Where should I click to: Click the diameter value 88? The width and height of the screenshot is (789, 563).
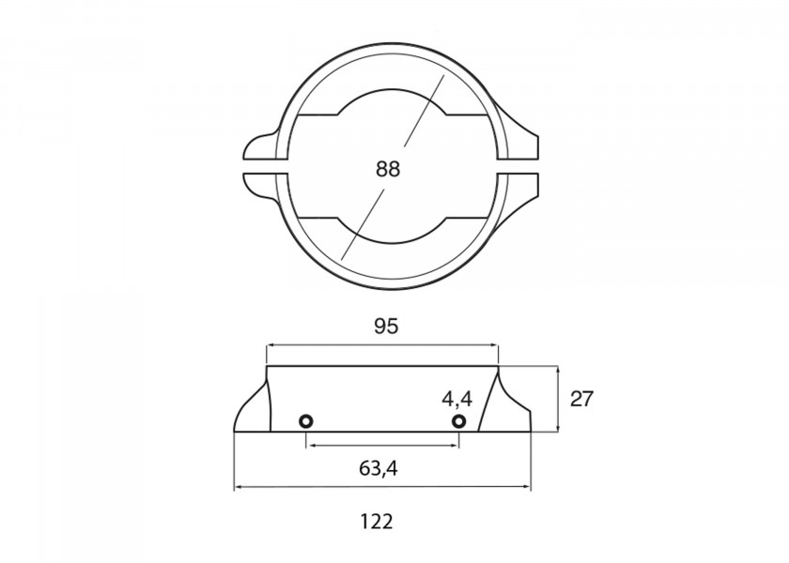tap(387, 169)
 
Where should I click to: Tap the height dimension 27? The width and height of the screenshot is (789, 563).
tap(582, 398)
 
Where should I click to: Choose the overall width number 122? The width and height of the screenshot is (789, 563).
tap(376, 521)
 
